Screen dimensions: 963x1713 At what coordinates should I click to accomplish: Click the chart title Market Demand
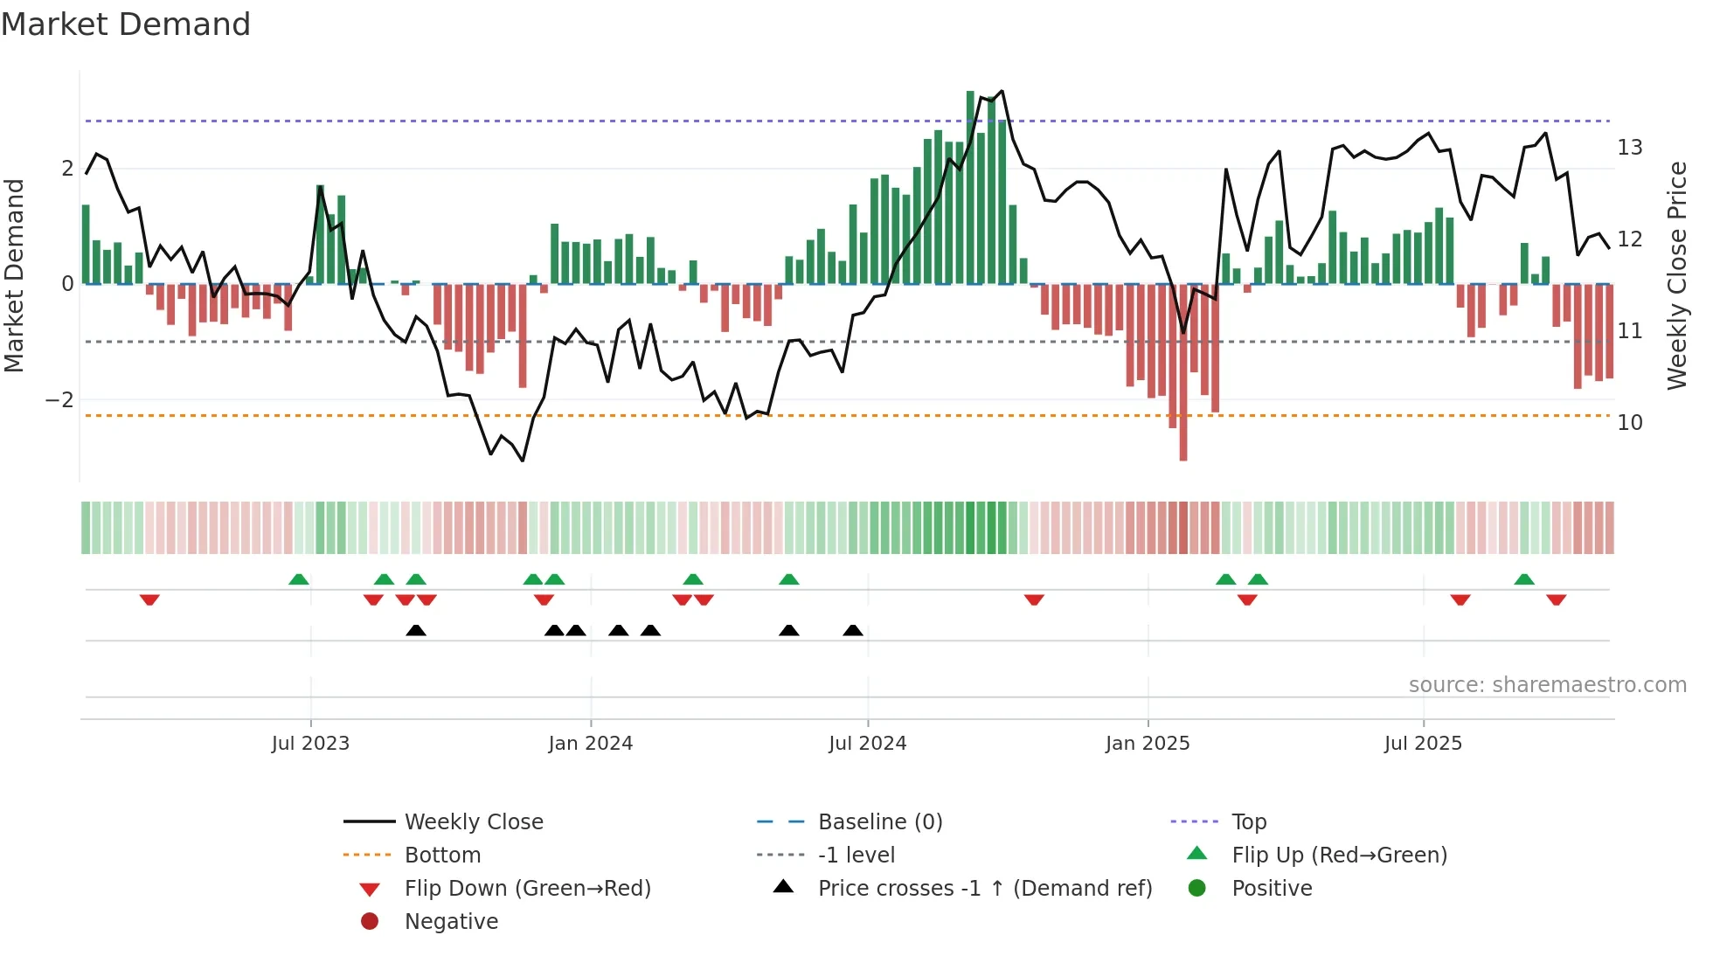coord(126,24)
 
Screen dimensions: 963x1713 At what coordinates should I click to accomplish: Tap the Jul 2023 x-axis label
coord(310,744)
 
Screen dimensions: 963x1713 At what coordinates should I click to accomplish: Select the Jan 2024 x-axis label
coord(590,744)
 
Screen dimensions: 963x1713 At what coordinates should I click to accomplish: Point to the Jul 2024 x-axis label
coord(867,744)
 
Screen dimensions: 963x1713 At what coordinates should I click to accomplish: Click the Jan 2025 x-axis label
coord(1147,744)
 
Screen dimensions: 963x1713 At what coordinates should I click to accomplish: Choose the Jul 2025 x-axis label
coord(1422,744)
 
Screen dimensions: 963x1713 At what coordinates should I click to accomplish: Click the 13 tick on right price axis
coord(1629,148)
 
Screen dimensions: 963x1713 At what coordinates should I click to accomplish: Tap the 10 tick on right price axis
coord(1629,423)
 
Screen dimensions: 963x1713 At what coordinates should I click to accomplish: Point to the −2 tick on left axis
coord(59,400)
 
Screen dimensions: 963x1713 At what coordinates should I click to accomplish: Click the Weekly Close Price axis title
coord(1676,275)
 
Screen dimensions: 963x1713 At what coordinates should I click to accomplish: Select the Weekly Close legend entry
coord(473,822)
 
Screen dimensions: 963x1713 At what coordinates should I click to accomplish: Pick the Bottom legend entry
coord(442,856)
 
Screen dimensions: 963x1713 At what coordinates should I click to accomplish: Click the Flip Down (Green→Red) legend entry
coord(527,889)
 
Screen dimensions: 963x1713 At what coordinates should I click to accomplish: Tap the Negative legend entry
coord(451,922)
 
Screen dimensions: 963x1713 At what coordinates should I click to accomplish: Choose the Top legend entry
coord(1248,822)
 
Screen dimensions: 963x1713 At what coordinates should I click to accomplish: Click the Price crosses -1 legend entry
coord(984,889)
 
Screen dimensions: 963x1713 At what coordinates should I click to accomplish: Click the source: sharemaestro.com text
coord(1547,685)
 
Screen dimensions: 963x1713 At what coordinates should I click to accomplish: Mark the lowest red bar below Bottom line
coord(1182,437)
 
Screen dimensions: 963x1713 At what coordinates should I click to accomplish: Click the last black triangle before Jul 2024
coord(853,630)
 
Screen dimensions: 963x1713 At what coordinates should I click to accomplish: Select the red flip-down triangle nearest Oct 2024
coord(1034,599)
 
